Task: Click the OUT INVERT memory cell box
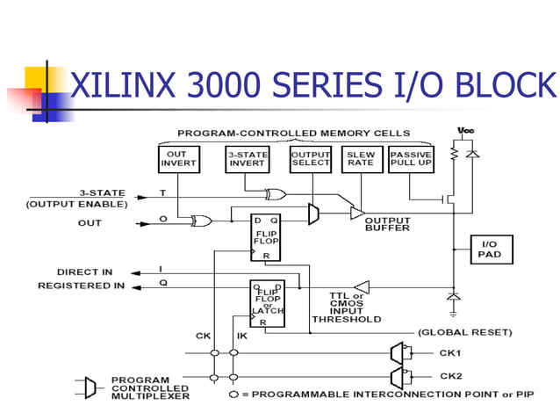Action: [178, 158]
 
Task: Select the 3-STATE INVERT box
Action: [247, 158]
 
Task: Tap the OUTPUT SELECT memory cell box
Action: [310, 158]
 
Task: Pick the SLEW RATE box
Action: [359, 158]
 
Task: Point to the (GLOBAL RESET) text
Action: [463, 332]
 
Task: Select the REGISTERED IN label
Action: [81, 286]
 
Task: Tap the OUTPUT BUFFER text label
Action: [387, 224]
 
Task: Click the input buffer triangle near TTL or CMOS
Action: [361, 286]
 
